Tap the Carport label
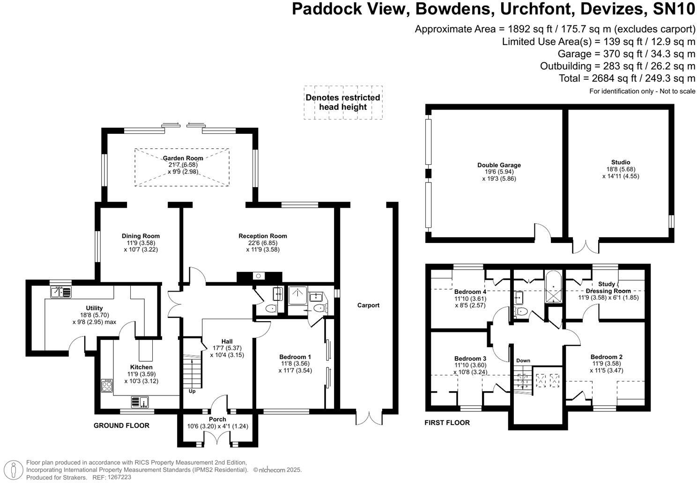click(x=368, y=305)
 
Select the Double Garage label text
click(x=499, y=165)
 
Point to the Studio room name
click(x=620, y=162)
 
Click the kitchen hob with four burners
click(x=107, y=385)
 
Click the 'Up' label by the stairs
click(x=192, y=391)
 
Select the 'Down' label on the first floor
click(x=523, y=360)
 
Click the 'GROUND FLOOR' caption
click(x=121, y=425)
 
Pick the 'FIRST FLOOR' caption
click(x=447, y=423)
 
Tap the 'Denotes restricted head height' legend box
click(x=343, y=102)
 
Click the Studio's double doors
click(x=586, y=246)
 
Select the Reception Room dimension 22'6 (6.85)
click(x=262, y=243)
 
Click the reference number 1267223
click(x=119, y=477)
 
